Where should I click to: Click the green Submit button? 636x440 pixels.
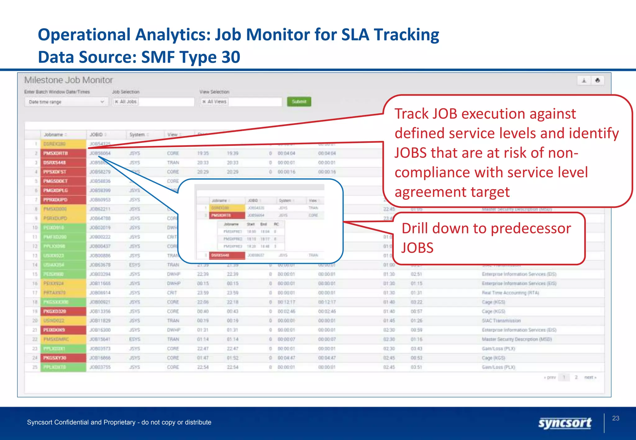click(299, 102)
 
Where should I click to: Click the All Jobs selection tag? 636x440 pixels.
click(126, 101)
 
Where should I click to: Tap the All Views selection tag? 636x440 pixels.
click(214, 101)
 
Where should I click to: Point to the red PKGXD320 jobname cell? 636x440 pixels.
click(63, 311)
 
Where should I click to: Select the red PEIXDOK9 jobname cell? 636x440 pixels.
click(63, 330)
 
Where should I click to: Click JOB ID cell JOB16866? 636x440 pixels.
click(100, 358)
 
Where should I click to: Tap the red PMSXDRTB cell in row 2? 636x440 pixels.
click(63, 153)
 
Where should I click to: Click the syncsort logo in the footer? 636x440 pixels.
click(565, 423)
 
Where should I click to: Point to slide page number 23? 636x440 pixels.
click(616, 418)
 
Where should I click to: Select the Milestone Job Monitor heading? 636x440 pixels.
click(68, 80)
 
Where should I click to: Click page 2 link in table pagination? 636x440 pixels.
click(576, 377)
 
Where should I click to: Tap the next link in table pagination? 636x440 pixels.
click(590, 377)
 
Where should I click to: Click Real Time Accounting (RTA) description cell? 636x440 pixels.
click(510, 293)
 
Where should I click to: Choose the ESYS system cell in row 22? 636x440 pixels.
click(134, 339)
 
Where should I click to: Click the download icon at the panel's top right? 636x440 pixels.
click(584, 81)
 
